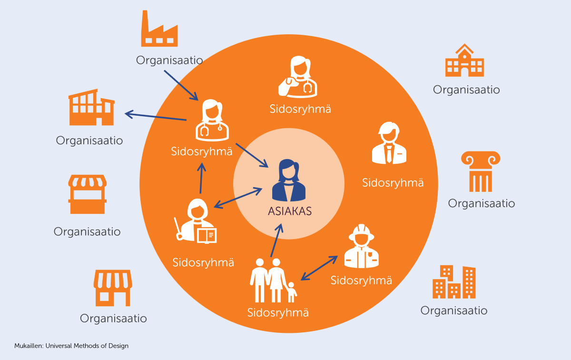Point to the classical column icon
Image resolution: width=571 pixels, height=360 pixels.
click(x=481, y=171)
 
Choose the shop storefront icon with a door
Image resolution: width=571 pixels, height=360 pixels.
click(x=113, y=288)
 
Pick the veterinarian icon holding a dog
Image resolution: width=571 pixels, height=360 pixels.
click(x=298, y=77)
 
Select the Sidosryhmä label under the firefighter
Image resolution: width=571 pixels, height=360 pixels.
click(x=361, y=280)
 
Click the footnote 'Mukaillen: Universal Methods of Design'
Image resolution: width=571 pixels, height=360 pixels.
click(x=71, y=346)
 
